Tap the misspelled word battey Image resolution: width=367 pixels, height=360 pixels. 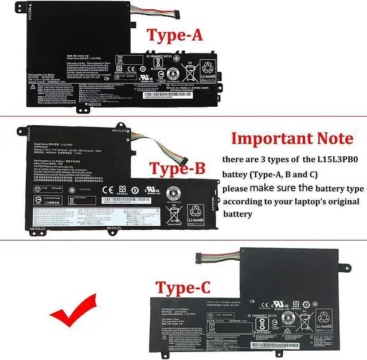tap(236, 174)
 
